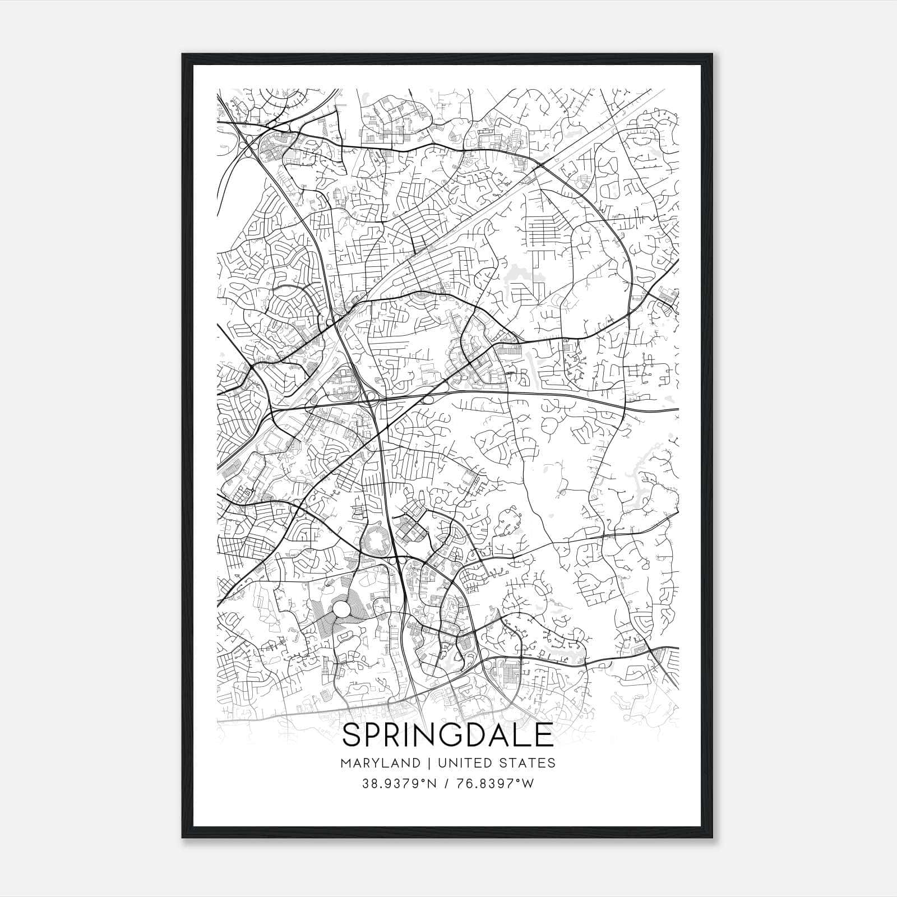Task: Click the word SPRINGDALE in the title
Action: [x=447, y=735]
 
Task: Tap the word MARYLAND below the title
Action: [x=380, y=763]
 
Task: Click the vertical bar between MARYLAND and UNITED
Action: [x=429, y=763]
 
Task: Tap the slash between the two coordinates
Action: [x=446, y=784]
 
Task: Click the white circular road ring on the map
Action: [x=341, y=609]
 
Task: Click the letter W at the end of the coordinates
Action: [x=528, y=784]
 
